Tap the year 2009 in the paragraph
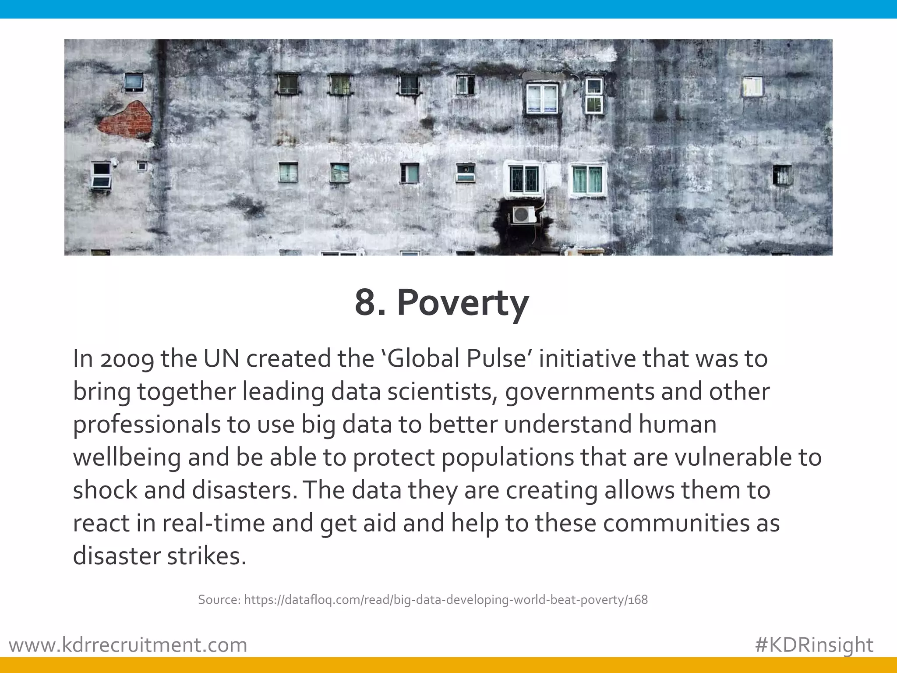[127, 359]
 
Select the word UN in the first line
[221, 358]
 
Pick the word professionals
[146, 425]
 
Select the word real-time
[214, 524]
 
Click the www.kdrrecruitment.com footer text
[128, 645]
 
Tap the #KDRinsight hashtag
[814, 645]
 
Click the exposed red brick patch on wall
[126, 119]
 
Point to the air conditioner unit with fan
[523, 215]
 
